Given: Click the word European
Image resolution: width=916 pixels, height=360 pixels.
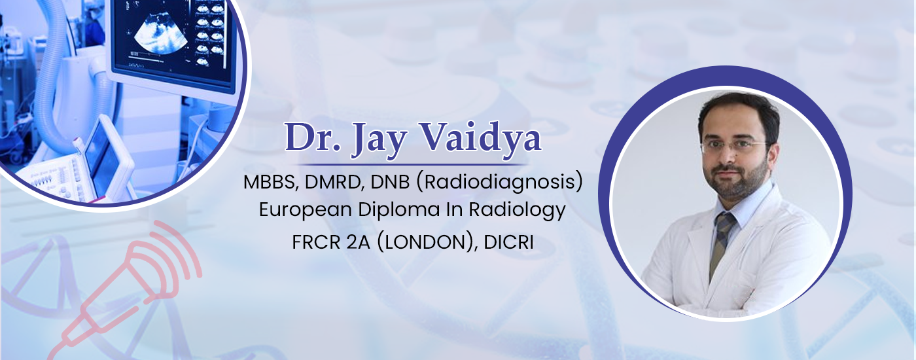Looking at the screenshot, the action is pyautogui.click(x=305, y=210).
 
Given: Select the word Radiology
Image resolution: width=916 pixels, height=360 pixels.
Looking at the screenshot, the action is pyautogui.click(x=518, y=210).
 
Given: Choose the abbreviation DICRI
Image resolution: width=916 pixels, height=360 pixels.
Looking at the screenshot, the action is pyautogui.click(x=509, y=242).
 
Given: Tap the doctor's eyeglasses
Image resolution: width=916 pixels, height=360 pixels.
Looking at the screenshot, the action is pyautogui.click(x=735, y=145).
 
